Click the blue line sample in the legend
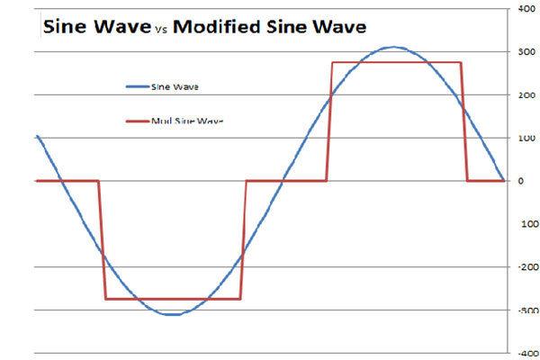pyautogui.click(x=144, y=87)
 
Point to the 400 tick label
pyautogui.click(x=523, y=8)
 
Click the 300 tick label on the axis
pyautogui.click(x=523, y=51)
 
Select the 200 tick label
pyautogui.click(x=523, y=94)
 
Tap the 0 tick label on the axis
pyautogui.click(x=519, y=181)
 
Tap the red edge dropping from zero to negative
pyautogui.click(x=102, y=239)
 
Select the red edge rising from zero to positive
pyautogui.click(x=329, y=121)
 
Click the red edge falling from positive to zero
pyautogui.click(x=464, y=121)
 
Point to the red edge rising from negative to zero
pyautogui.click(x=243, y=239)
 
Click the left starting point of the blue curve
pyautogui.click(x=37, y=136)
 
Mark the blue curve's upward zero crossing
pyautogui.click(x=283, y=181)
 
